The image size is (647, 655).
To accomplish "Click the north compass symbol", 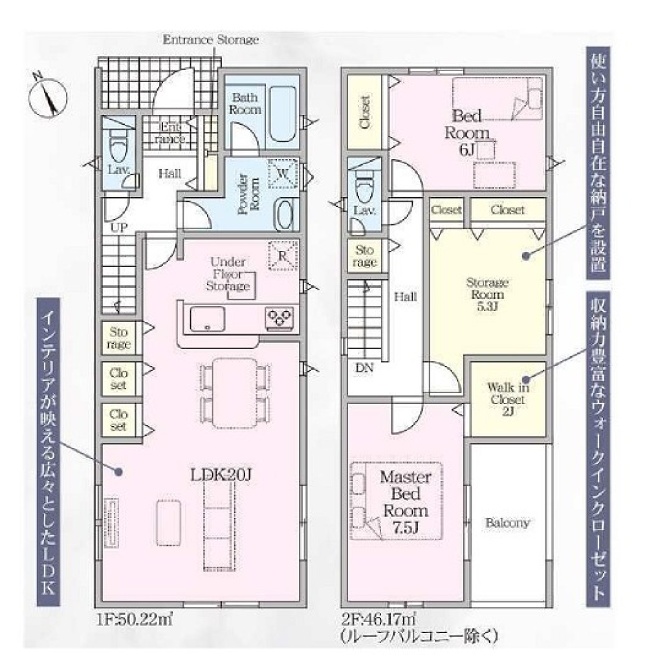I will [47, 95].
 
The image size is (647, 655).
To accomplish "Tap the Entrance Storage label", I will [210, 40].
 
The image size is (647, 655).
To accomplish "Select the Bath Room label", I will [247, 103].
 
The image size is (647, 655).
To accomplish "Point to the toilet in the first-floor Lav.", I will [118, 145].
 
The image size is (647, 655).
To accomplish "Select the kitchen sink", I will [206, 318].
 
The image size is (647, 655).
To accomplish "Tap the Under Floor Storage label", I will [228, 274].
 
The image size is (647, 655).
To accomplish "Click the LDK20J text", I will [220, 475].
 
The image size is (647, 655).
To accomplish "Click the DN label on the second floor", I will [364, 368].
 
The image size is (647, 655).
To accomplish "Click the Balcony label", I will [508, 523].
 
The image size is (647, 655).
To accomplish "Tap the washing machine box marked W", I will [283, 173].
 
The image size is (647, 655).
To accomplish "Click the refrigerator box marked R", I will [283, 255].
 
